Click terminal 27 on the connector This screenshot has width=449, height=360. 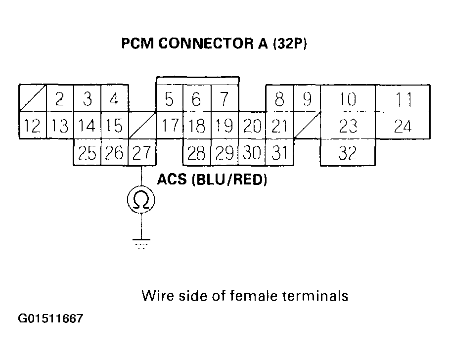pyautogui.click(x=142, y=153)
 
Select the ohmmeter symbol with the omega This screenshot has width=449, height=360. pyautogui.click(x=141, y=199)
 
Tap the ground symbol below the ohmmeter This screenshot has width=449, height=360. pyautogui.click(x=141, y=243)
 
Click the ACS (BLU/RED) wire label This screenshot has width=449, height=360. pyautogui.click(x=212, y=180)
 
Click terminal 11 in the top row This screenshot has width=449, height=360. pyautogui.click(x=403, y=99)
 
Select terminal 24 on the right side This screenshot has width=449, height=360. pyautogui.click(x=403, y=126)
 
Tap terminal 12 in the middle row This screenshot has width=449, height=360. pyautogui.click(x=32, y=126)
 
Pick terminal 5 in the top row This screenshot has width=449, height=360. pyautogui.click(x=169, y=99)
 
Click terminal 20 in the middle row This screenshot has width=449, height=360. pyautogui.click(x=252, y=126)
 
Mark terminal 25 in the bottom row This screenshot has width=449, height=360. pyautogui.click(x=87, y=153)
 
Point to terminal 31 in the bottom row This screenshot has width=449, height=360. pyautogui.click(x=280, y=153)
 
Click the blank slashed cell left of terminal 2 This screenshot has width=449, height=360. pyautogui.click(x=33, y=99)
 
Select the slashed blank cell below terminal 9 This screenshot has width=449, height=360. pyautogui.click(x=307, y=126)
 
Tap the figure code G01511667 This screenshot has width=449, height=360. pyautogui.click(x=51, y=318)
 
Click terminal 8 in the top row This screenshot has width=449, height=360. pyautogui.click(x=280, y=99)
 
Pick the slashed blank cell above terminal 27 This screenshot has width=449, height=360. pyautogui.click(x=142, y=126)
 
